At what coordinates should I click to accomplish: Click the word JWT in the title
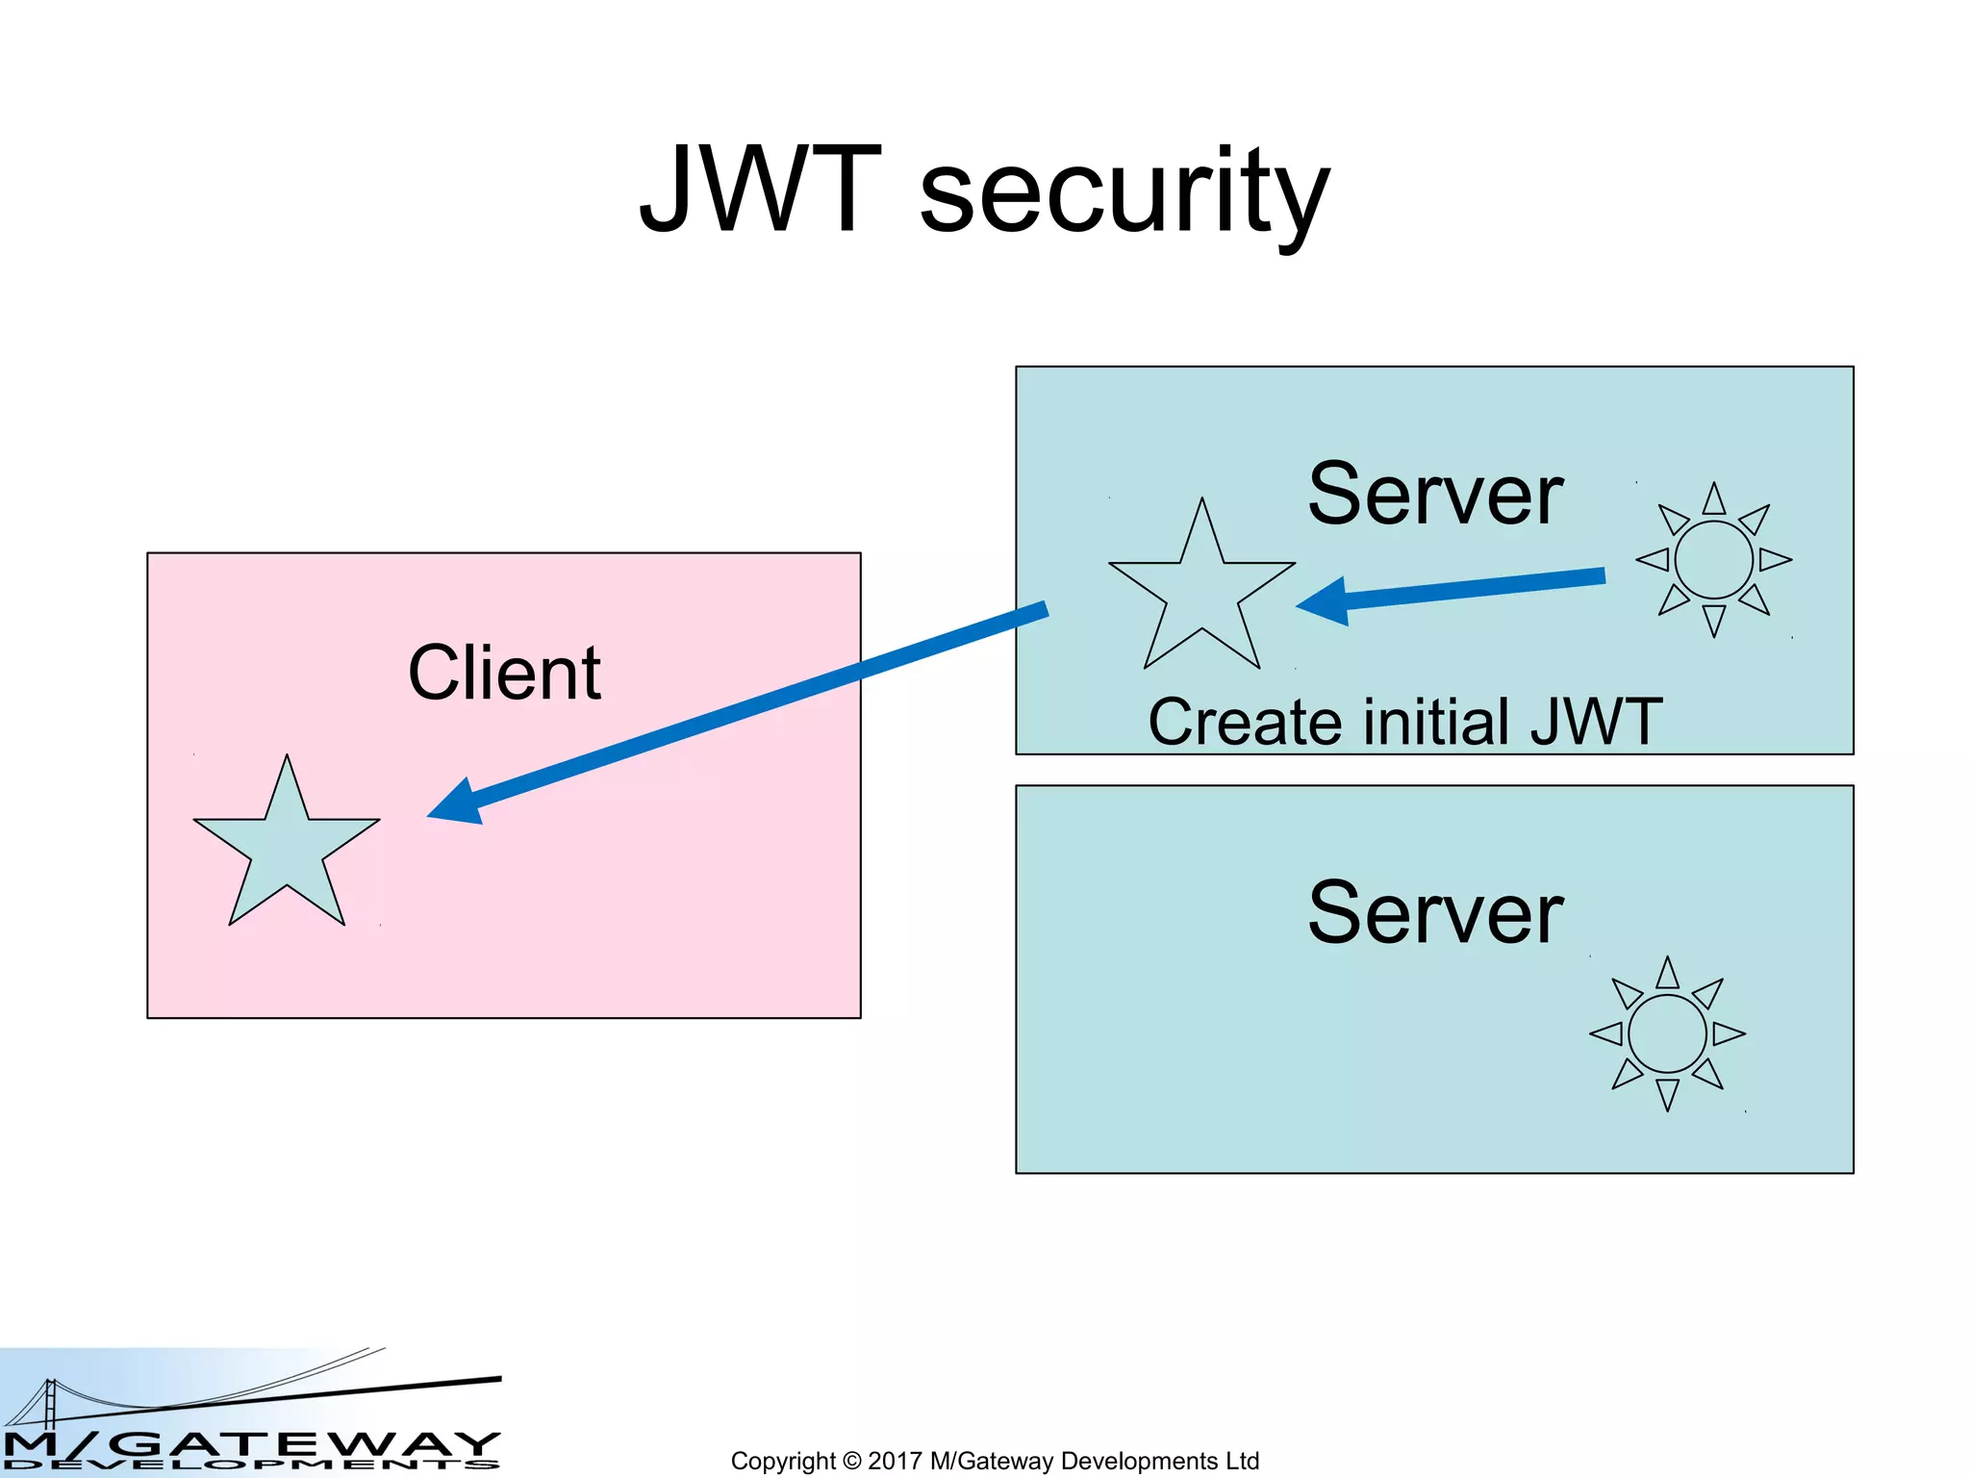pos(760,190)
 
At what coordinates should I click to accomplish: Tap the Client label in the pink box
pos(504,673)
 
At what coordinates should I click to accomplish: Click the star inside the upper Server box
pos(1201,591)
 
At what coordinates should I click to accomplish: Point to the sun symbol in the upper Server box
pos(1713,560)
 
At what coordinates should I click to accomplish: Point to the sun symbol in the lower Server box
pos(1667,1033)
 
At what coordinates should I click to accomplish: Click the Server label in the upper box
pos(1434,496)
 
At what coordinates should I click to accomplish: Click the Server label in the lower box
pos(1434,914)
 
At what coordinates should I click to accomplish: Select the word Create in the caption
pos(1247,723)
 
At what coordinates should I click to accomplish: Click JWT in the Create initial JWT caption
pos(1596,722)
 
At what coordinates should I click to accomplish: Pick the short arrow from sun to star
pos(1472,589)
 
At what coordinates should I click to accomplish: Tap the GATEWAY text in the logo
pos(308,1444)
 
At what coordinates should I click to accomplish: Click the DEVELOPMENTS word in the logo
pos(250,1465)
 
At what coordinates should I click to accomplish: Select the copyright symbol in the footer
pos(851,1461)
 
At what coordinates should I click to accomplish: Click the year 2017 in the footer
pos(895,1461)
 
